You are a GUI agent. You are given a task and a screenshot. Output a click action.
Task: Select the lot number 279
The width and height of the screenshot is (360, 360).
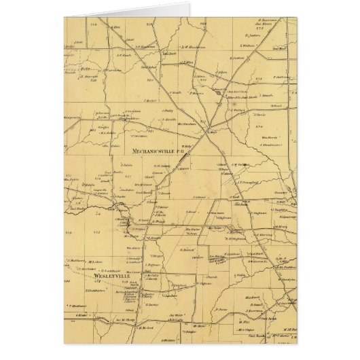click(x=259, y=126)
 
